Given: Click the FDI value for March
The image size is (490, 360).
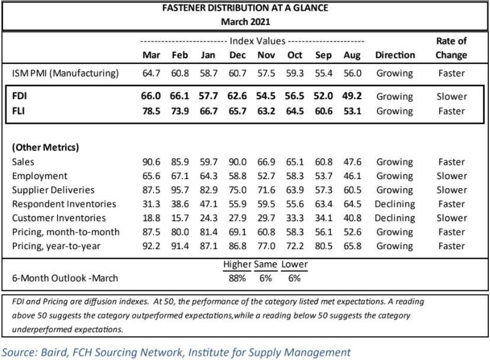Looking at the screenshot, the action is (x=151, y=96).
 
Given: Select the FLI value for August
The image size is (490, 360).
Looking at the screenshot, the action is (x=353, y=111).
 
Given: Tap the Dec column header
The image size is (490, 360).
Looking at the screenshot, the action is (x=238, y=55).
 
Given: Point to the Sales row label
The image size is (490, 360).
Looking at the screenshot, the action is (x=23, y=162).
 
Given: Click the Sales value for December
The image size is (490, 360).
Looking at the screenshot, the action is (x=238, y=162).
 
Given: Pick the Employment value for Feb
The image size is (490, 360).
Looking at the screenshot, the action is (x=180, y=176).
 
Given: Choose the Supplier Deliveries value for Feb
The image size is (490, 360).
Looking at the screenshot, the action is (x=180, y=190).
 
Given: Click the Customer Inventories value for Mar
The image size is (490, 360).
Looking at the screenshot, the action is (x=151, y=218).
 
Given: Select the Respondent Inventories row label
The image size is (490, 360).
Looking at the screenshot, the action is (x=64, y=204).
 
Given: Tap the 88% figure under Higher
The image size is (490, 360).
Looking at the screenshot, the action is (x=237, y=278).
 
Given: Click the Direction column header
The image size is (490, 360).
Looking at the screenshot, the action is (x=395, y=55).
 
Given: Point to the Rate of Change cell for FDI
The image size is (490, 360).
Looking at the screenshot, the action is (x=451, y=96).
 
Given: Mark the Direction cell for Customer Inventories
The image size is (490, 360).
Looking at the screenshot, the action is (x=395, y=218).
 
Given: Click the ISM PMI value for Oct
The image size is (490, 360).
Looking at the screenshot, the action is (x=295, y=73).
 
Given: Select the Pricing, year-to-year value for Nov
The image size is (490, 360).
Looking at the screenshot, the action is (x=266, y=246).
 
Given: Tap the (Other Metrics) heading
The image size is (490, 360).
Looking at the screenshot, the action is (x=46, y=147).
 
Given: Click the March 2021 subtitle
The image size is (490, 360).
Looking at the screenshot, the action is (x=245, y=21).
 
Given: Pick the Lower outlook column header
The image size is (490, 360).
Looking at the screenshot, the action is (x=294, y=265).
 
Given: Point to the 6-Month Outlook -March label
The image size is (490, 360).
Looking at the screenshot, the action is (x=65, y=278).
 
